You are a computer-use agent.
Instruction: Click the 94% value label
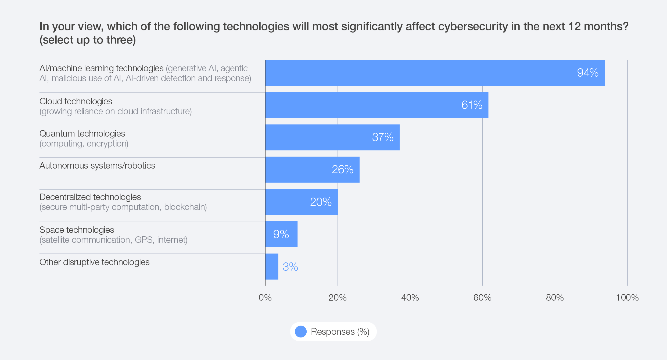coord(588,73)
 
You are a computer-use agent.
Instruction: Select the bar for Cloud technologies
coord(376,105)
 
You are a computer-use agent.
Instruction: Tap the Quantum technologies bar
coord(332,137)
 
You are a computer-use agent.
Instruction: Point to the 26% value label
coord(342,170)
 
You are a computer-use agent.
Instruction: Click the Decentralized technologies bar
coord(301,202)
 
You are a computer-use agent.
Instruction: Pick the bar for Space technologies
coord(281,234)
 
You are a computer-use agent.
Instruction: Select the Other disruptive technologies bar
coord(272,266)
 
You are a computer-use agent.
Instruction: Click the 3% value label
coord(290,267)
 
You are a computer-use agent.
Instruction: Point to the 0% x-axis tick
coord(265,298)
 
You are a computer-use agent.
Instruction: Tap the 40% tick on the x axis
coord(410,298)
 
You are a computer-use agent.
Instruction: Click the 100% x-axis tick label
coord(627,298)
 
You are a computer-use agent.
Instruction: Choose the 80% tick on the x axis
coord(555,298)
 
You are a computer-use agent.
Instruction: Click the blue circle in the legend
coord(301,332)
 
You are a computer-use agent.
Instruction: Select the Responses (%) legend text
coord(340,332)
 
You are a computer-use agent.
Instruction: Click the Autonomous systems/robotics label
coord(97,166)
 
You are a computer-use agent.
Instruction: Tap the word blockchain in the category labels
coord(185,207)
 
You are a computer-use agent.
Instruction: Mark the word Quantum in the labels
coord(57,134)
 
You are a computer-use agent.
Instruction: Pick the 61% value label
coord(472,105)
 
